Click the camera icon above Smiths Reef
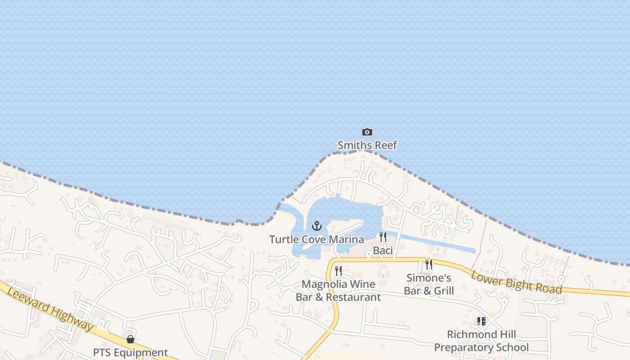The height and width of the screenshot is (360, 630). point(367,132)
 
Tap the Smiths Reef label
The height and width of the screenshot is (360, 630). point(367,145)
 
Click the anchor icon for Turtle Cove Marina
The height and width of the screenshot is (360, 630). point(317,226)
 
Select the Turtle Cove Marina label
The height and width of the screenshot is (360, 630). point(316,239)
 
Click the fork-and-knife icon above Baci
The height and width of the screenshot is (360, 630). point(383,237)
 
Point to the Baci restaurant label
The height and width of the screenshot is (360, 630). point(383,251)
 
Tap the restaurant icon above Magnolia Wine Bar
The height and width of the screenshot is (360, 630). point(338,271)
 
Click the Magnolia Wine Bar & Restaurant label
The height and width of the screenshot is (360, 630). point(338,291)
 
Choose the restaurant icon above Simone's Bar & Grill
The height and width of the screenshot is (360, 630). point(429,265)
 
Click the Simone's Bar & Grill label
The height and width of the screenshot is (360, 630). point(429,284)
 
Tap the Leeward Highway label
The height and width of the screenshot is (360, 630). point(51,310)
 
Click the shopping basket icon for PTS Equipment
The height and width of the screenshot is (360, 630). point(130,339)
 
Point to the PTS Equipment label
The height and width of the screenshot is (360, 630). point(130,352)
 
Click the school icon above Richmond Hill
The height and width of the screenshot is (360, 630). point(481,321)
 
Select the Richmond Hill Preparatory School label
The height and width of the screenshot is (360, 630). point(481,341)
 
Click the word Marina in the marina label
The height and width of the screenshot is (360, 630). point(347,239)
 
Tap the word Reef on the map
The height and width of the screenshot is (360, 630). point(386,145)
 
